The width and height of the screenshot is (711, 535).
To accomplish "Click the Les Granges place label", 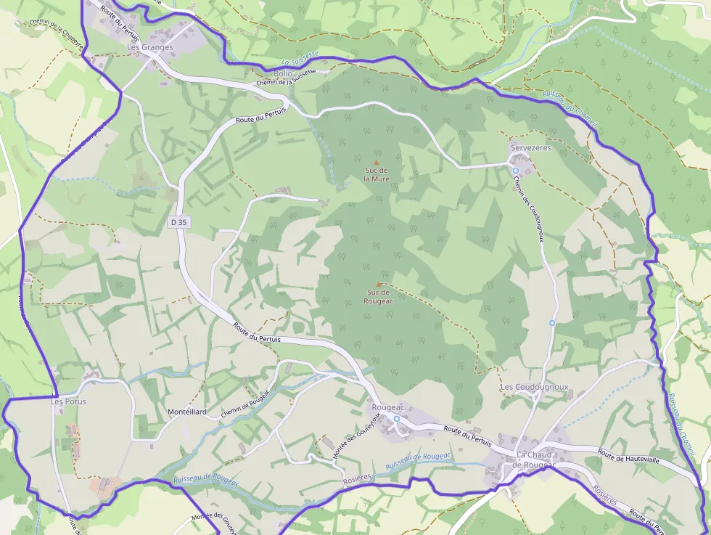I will pyautogui.click(x=150, y=47).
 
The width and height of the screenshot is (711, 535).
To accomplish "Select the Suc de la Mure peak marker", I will pyautogui.click(x=377, y=162).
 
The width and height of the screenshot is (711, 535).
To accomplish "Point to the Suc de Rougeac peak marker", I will pyautogui.click(x=378, y=284).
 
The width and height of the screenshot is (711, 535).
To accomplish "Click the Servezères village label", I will pyautogui.click(x=531, y=147).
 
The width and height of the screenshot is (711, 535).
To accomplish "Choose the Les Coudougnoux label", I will pyautogui.click(x=535, y=388).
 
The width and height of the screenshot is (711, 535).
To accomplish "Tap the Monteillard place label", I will pyautogui.click(x=187, y=412).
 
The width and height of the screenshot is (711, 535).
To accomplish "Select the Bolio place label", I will pyautogui.click(x=283, y=74).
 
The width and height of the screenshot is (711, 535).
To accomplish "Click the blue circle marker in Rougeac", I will pyautogui.click(x=397, y=419).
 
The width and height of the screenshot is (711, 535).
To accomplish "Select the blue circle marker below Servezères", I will pyautogui.click(x=516, y=171).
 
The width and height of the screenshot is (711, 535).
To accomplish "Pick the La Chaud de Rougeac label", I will pyautogui.click(x=533, y=460).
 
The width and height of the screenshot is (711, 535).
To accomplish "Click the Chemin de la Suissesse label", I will pyautogui.click(x=287, y=80).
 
